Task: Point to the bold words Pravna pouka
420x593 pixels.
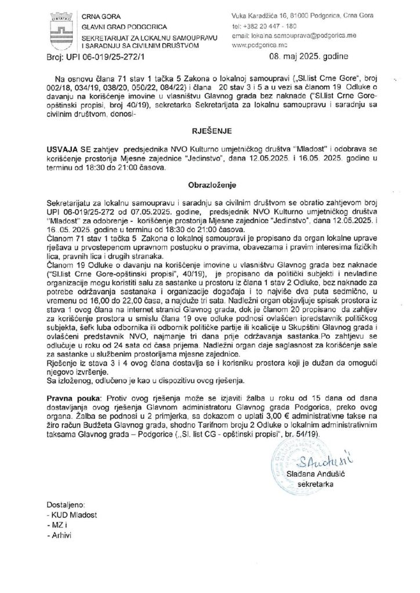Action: point(71,400)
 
